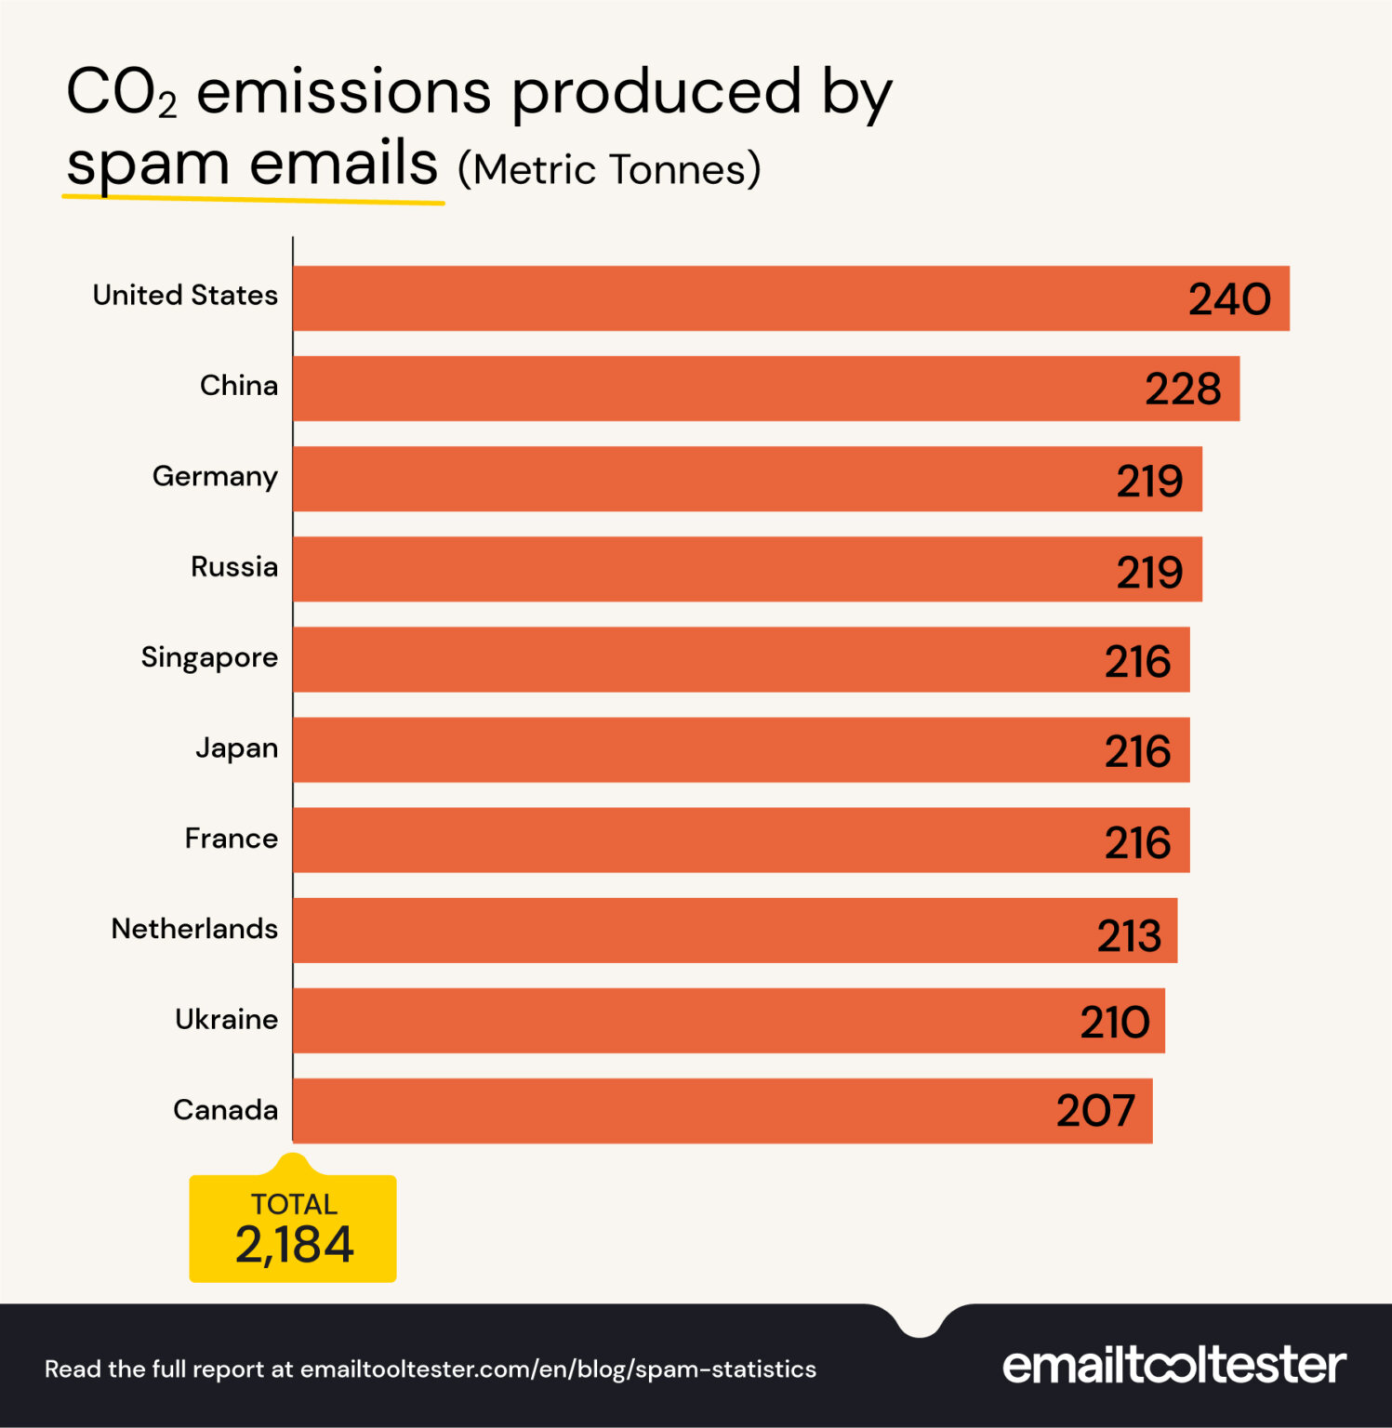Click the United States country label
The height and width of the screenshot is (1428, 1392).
click(185, 295)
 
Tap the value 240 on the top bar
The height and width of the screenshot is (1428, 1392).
click(1229, 299)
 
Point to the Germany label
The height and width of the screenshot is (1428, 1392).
click(215, 476)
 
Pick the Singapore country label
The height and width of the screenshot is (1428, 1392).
click(209, 657)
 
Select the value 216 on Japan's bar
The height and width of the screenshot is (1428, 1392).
click(1137, 751)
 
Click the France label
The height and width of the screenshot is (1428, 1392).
click(231, 839)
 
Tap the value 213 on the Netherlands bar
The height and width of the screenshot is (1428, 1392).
click(1129, 935)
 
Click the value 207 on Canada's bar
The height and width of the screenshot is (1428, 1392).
click(1095, 1111)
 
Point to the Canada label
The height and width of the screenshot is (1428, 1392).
click(225, 1110)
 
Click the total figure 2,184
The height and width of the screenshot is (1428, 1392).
click(294, 1246)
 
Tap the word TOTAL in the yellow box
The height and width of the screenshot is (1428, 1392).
click(294, 1205)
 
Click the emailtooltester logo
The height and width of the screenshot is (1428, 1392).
click(1173, 1365)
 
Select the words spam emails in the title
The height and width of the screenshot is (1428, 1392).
click(252, 165)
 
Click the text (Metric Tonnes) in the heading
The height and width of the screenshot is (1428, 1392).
click(609, 170)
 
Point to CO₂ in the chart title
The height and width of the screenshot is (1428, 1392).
click(121, 93)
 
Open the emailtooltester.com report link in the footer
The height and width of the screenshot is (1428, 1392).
click(558, 1369)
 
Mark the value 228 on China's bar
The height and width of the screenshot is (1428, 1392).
click(1182, 389)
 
